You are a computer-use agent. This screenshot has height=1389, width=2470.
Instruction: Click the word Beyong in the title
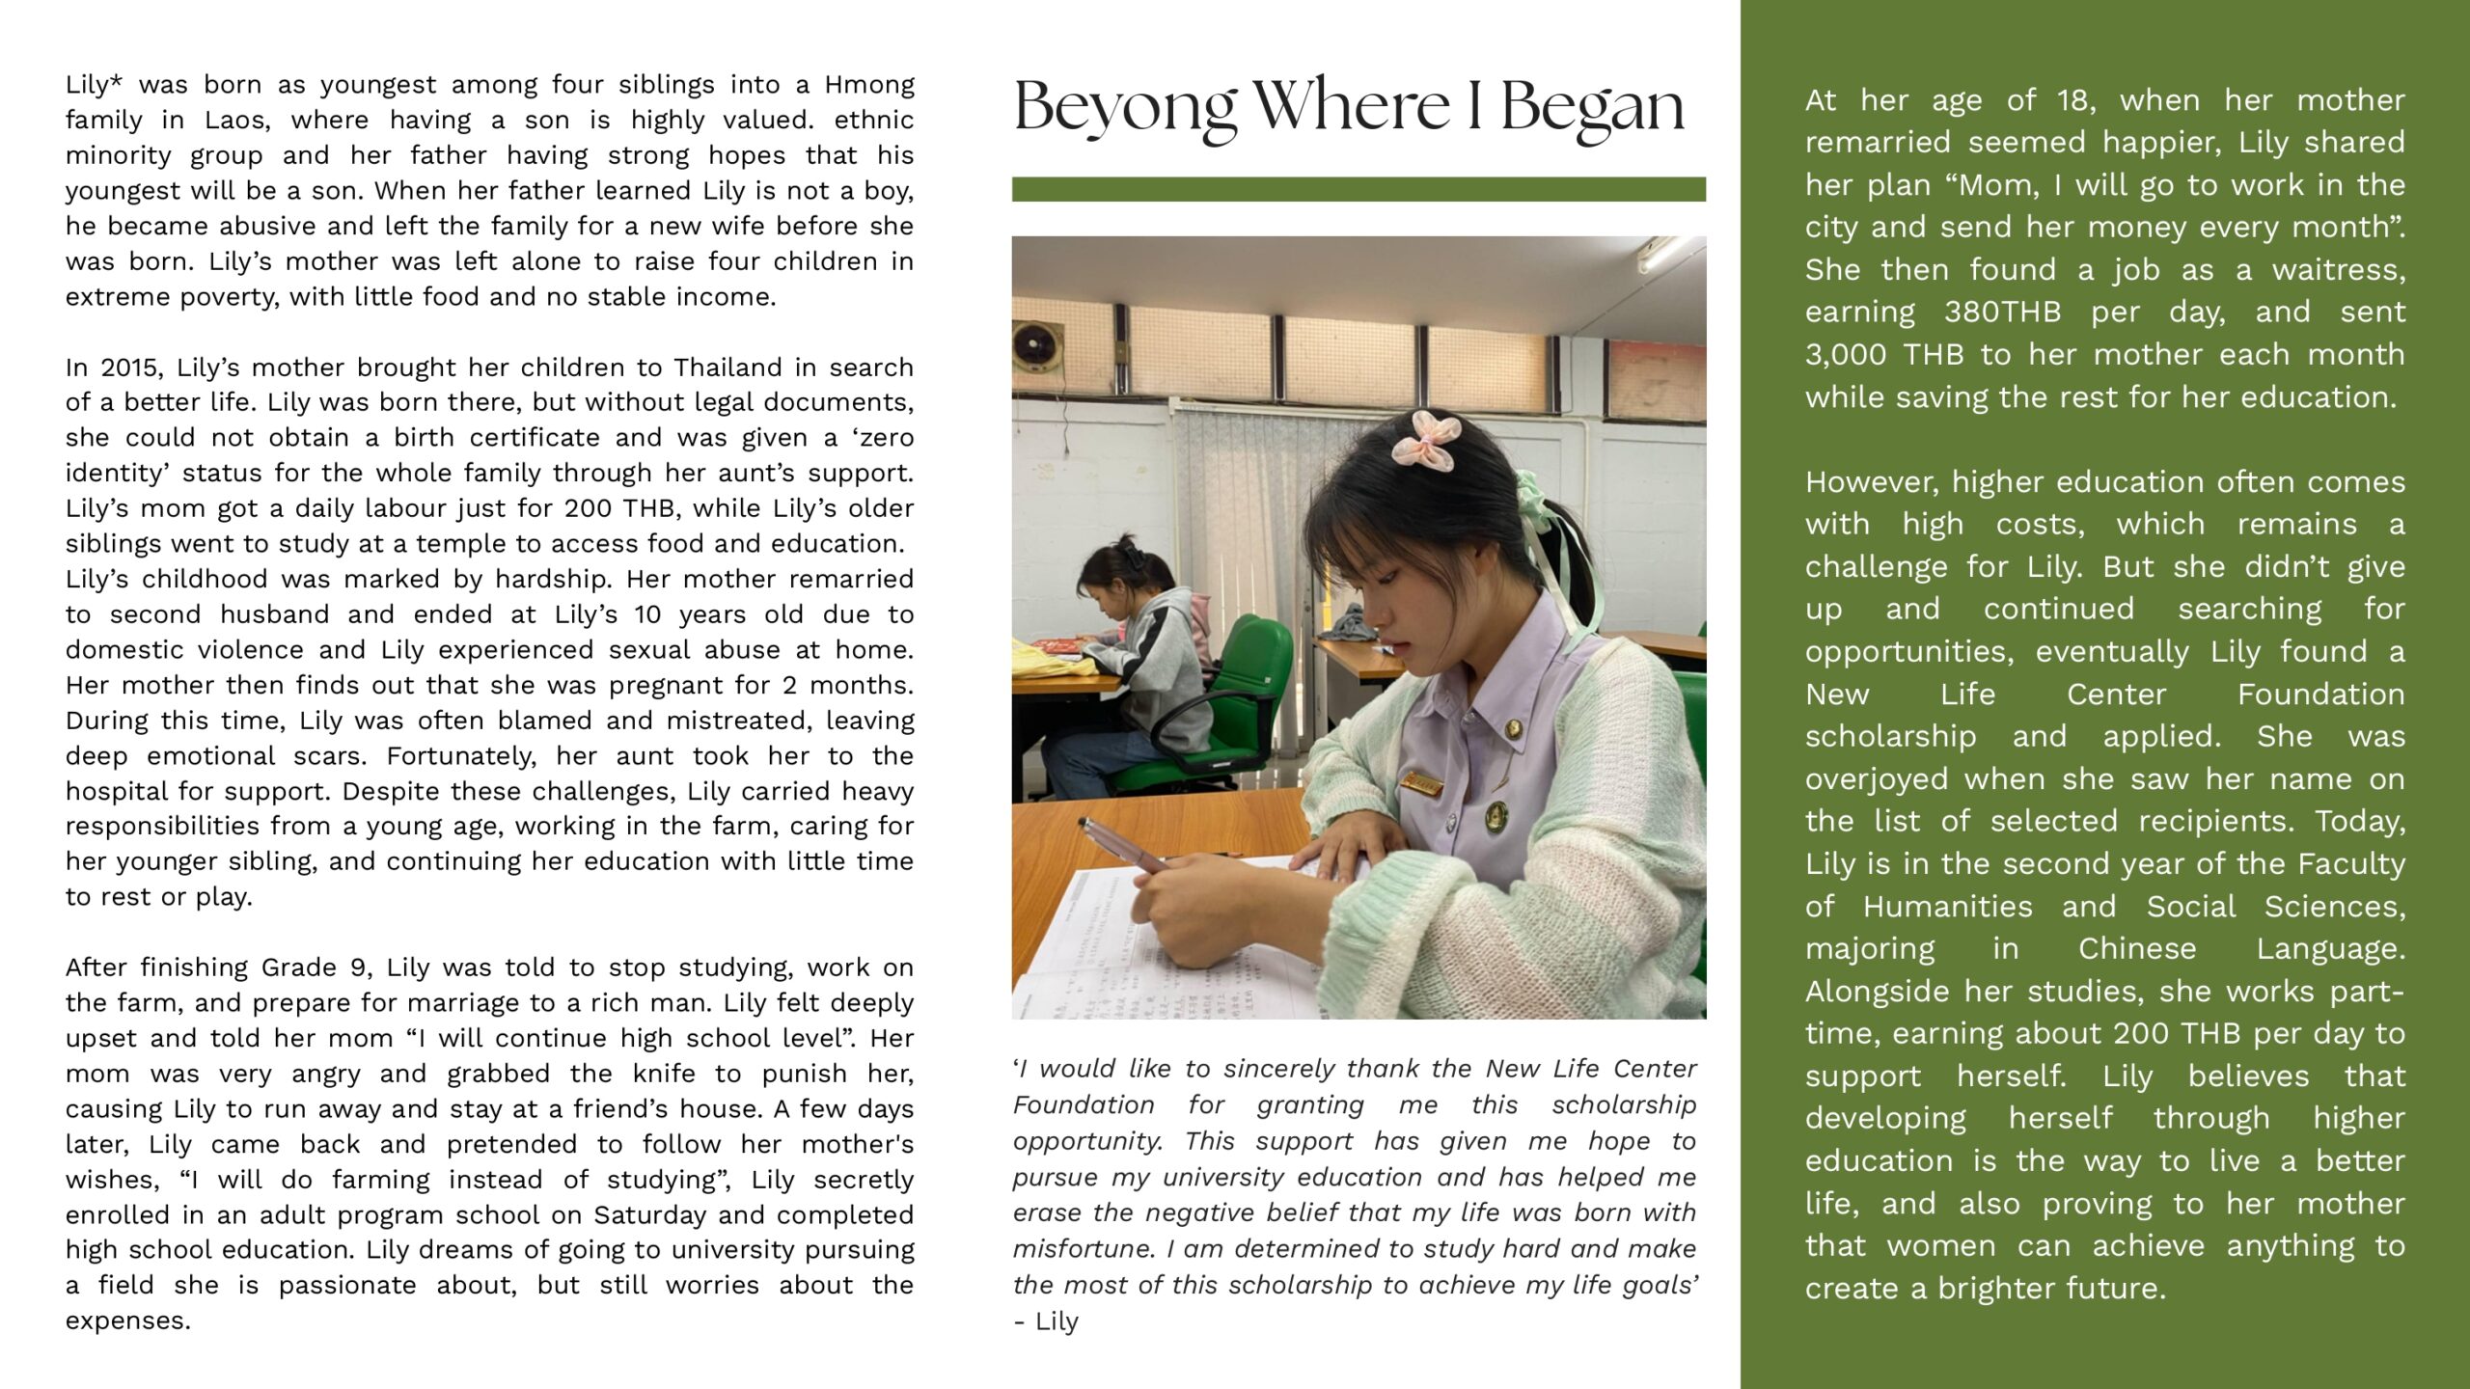(x=1124, y=108)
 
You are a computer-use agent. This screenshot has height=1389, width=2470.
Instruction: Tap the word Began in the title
(x=1592, y=108)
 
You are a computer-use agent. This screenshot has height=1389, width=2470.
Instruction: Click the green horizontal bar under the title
(x=1358, y=189)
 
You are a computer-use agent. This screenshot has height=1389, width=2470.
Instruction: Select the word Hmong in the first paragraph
(x=869, y=85)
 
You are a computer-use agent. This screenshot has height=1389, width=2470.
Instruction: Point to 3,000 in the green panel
(x=1842, y=355)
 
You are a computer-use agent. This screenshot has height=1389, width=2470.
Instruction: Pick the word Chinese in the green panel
(x=2136, y=949)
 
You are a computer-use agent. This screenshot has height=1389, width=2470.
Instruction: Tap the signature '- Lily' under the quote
(x=1046, y=1321)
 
